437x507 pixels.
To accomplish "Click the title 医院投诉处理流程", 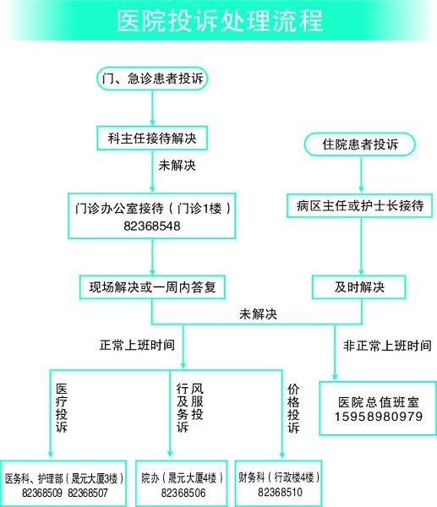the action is (220, 20).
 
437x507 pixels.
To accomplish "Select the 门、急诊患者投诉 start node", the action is (152, 79).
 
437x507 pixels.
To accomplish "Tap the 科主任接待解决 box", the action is (152, 139).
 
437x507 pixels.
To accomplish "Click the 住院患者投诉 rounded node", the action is (360, 144).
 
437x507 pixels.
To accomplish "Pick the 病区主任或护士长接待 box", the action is (360, 205).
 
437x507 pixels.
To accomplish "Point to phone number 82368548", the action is (152, 226).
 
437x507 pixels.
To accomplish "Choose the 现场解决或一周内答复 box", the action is (152, 287).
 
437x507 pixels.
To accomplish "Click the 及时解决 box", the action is (359, 287).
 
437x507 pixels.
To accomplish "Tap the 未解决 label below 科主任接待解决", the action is (177, 166).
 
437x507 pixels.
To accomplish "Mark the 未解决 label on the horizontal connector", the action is (258, 314).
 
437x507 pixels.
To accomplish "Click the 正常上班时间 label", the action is (137, 345).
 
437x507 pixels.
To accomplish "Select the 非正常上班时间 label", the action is (387, 346).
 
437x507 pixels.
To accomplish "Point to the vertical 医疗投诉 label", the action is (62, 408).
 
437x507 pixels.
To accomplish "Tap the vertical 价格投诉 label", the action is (293, 409).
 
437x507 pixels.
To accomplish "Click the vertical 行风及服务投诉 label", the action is (190, 408).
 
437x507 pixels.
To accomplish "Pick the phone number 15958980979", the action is (379, 417).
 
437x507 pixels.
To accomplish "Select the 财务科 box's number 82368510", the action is (280, 492).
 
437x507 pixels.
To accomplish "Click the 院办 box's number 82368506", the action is (183, 493).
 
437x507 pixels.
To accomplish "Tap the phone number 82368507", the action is (88, 493).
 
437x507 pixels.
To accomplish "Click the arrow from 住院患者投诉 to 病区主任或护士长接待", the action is (361, 175).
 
